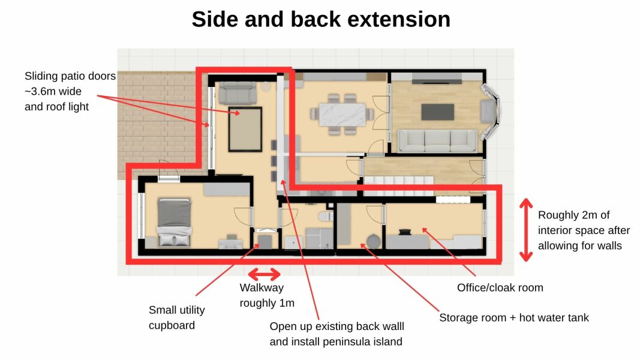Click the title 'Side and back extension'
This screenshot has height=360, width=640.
(321, 20)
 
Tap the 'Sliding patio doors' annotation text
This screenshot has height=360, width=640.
(70, 92)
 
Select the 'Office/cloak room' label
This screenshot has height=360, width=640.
(500, 287)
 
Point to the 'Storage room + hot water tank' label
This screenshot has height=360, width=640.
(514, 317)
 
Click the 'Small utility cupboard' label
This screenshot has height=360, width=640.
(176, 317)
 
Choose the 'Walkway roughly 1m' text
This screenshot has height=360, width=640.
(267, 296)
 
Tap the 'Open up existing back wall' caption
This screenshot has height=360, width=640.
(336, 334)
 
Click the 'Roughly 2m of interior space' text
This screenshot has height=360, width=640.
(584, 230)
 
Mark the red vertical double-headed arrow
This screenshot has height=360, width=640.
(525, 230)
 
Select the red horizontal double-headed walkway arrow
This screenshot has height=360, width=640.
(265, 275)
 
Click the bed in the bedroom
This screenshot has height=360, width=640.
(175, 223)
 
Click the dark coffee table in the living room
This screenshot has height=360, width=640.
(438, 112)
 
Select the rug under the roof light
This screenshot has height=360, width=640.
(245, 129)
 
